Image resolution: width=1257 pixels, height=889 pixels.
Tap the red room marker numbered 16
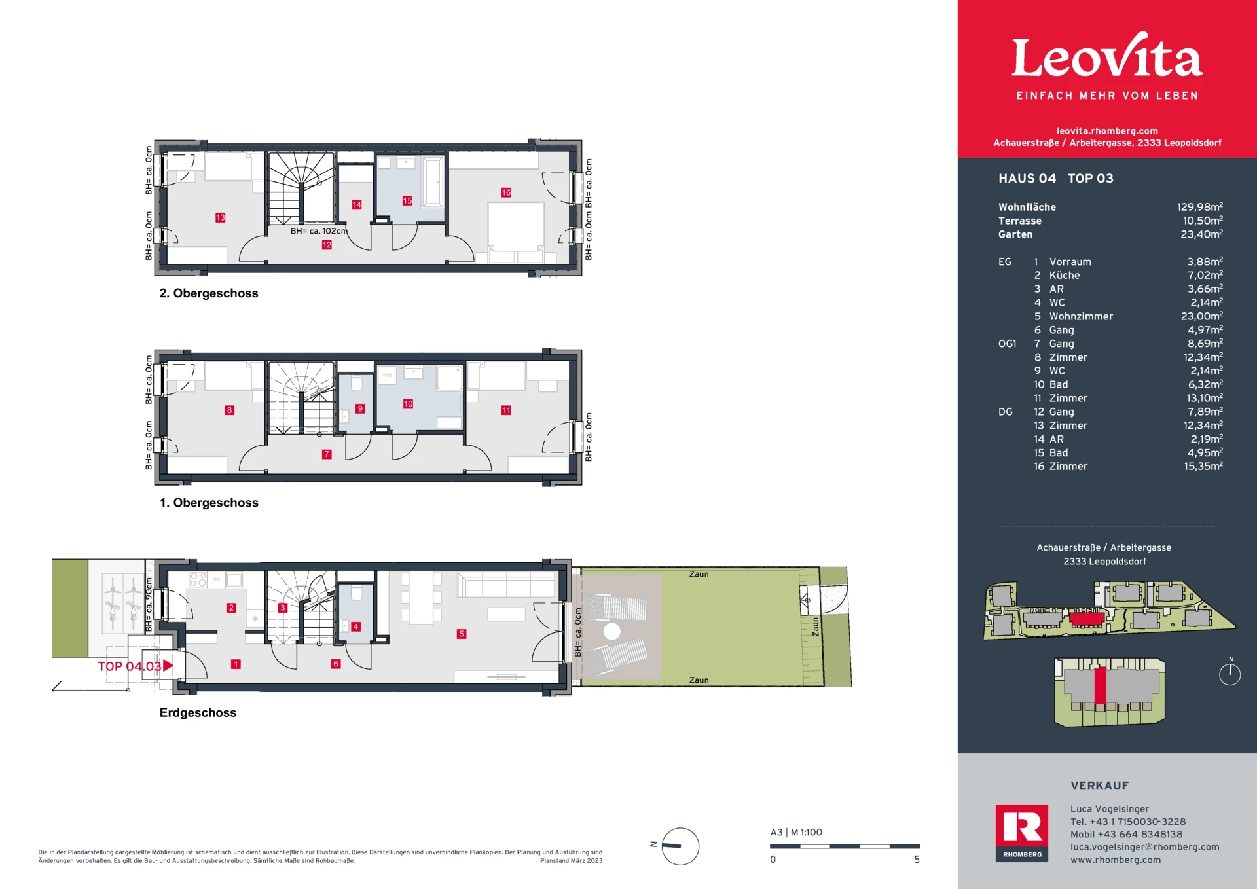[506, 192]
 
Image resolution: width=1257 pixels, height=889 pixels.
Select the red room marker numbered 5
[462, 634]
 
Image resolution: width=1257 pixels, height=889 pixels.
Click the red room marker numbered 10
[408, 404]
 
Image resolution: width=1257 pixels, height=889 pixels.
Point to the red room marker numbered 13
[220, 217]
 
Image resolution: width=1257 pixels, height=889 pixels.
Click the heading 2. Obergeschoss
[209, 293]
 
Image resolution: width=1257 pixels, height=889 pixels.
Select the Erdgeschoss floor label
[198, 712]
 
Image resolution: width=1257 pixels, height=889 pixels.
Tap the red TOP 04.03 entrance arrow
[168, 666]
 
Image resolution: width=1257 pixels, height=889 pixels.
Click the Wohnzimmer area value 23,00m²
[1201, 316]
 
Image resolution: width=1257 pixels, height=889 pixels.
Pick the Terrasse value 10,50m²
[1202, 221]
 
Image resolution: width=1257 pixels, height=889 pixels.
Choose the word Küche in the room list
[1065, 276]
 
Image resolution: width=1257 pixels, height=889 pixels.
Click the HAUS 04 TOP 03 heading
[1055, 178]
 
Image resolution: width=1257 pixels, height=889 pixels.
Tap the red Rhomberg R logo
[1022, 833]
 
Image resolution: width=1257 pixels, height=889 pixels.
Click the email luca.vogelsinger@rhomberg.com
[1145, 847]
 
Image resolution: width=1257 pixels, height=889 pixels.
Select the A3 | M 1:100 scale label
[796, 833]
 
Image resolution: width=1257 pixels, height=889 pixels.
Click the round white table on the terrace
[611, 631]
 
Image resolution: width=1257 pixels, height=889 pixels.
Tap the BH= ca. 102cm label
[319, 231]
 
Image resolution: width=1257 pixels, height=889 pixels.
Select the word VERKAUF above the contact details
[1100, 786]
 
